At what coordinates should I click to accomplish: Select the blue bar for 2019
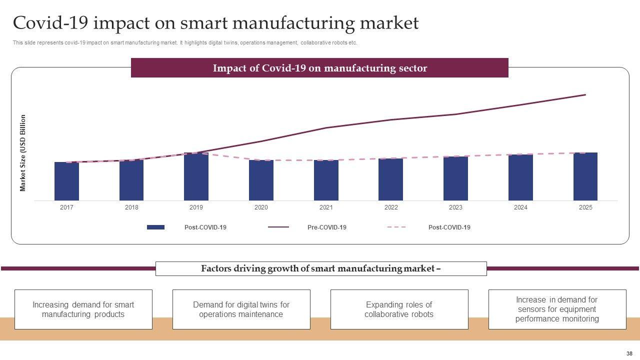coord(196,177)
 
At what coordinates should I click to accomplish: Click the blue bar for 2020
coord(261,180)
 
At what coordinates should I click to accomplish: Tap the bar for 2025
coord(585,177)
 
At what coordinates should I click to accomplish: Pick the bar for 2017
coord(66,181)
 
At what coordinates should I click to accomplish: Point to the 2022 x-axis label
coord(391,207)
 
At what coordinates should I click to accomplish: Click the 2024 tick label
coord(520,207)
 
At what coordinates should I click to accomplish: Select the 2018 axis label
coord(131,207)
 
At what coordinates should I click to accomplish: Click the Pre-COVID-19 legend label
coord(326,227)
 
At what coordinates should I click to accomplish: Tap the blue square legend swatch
coord(155,227)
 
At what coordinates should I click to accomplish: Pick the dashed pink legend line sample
coord(396,227)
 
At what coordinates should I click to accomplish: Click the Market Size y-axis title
coord(23,153)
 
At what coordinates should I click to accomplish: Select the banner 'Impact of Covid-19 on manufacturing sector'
coord(319,68)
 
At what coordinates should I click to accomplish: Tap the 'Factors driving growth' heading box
coord(321,268)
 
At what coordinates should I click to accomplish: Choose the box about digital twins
coord(241,309)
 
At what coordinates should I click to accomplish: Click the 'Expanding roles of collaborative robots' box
coord(399,309)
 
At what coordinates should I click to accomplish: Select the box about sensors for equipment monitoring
coord(557,309)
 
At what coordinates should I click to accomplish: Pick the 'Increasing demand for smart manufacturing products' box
coord(83,309)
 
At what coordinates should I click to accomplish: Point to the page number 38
coord(629,353)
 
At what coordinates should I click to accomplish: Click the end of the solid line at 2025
coord(585,94)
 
